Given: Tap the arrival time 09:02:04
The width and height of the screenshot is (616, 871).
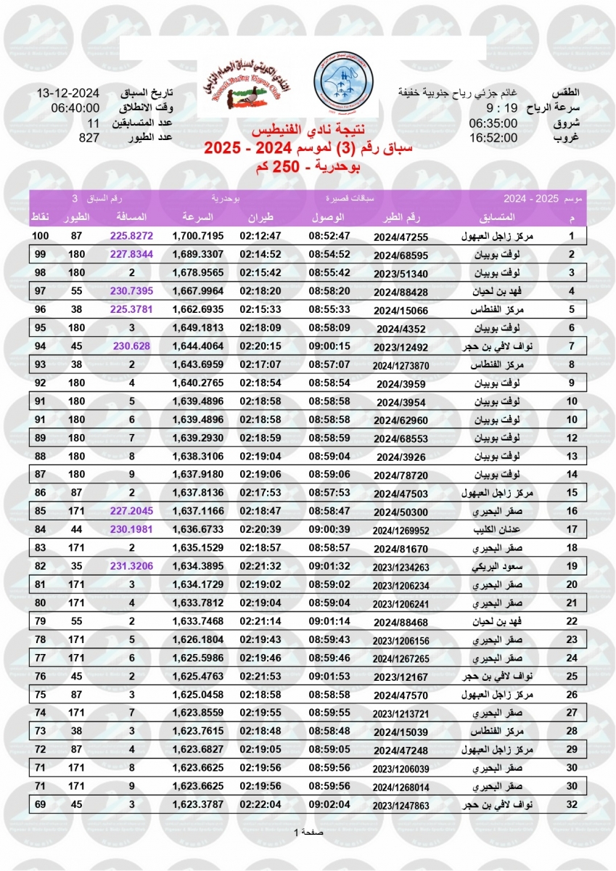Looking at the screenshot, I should tap(329, 804).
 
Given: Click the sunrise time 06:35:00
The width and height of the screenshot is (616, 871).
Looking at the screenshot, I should tap(493, 122).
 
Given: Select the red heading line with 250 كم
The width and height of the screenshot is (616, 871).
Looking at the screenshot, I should tap(308, 168).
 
